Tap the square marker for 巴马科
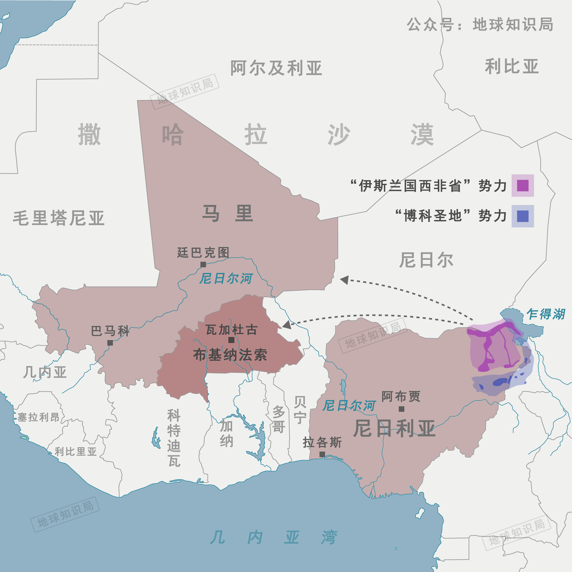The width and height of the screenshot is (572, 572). (110, 343)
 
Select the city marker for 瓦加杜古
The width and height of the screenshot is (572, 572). (232, 340)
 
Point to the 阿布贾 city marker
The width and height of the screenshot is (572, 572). (402, 409)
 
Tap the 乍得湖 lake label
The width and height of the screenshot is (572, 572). (546, 314)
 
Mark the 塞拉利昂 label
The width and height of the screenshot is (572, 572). (39, 417)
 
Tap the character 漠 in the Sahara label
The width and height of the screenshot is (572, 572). (422, 135)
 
